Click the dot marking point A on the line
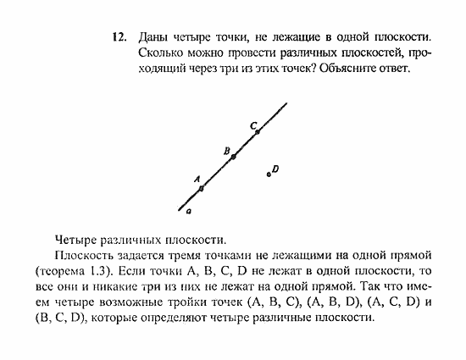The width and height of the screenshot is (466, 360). point(201,188)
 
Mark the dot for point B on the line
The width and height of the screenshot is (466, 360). point(233,157)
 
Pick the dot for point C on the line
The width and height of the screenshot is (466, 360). point(258,131)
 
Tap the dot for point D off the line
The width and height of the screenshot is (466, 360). point(269,174)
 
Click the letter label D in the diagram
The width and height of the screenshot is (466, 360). point(276,169)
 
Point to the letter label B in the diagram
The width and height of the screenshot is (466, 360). point(227,150)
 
